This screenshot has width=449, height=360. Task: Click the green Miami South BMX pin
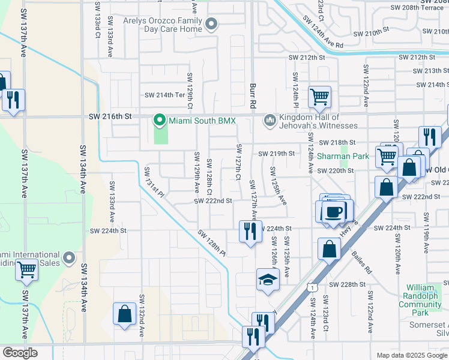click(x=159, y=121)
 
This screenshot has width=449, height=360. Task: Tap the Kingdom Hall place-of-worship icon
click(x=270, y=121)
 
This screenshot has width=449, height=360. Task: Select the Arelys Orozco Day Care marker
click(x=211, y=25)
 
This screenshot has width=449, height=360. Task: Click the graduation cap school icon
click(x=268, y=280)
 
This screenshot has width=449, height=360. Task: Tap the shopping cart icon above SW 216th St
click(x=319, y=96)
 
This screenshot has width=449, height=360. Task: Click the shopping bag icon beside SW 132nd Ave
click(x=124, y=314)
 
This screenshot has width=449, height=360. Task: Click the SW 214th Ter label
click(x=165, y=95)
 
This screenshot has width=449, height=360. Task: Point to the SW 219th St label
click(x=277, y=154)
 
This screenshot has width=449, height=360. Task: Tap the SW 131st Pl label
click(x=153, y=181)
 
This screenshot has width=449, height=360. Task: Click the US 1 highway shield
click(x=312, y=288)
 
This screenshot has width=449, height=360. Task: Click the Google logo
click(x=20, y=353)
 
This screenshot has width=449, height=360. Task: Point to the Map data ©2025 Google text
click(x=411, y=355)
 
